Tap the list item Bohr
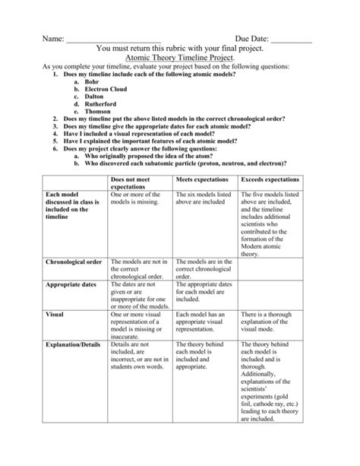point(92,82)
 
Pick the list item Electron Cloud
point(107,90)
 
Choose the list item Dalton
point(95,97)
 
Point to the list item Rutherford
point(100,105)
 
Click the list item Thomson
point(97,113)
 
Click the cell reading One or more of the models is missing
point(141,199)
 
